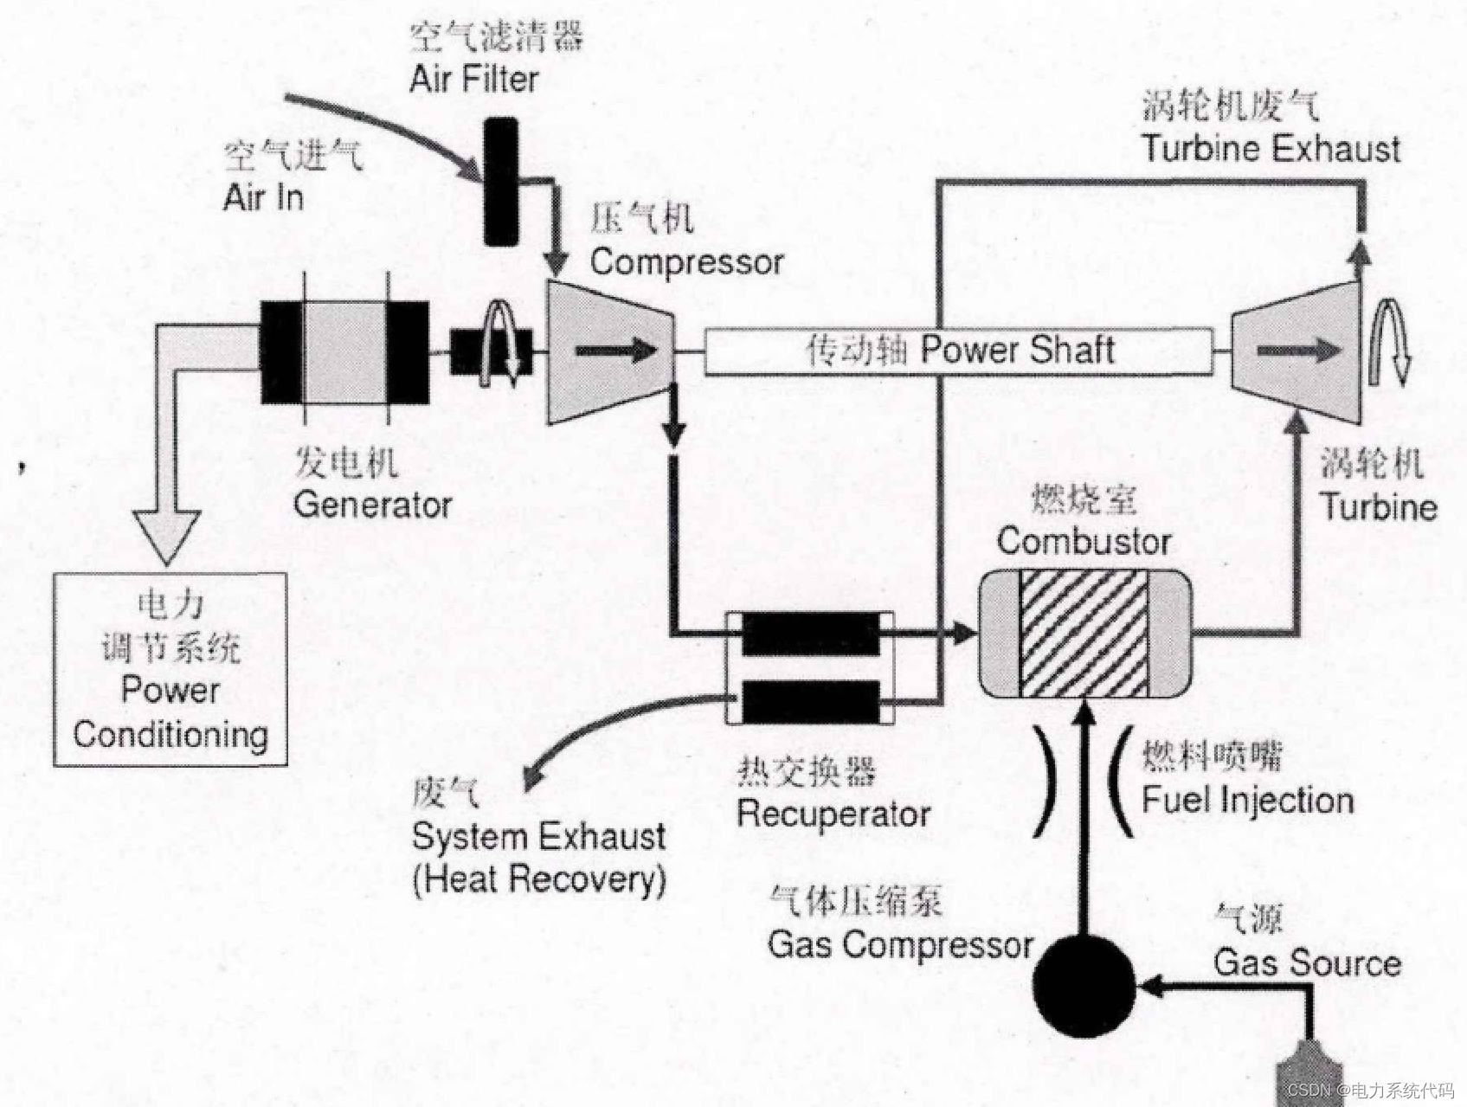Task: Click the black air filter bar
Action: (x=500, y=182)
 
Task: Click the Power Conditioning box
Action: (x=171, y=670)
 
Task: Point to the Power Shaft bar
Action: (x=958, y=351)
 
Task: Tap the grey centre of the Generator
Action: (x=344, y=351)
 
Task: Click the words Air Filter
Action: (x=473, y=79)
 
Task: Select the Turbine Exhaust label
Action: (x=1271, y=148)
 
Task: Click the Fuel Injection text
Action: (x=1247, y=800)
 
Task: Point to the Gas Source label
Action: (x=1307, y=962)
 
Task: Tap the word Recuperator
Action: (x=833, y=814)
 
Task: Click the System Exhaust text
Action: (x=538, y=837)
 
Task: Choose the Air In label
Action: (x=263, y=197)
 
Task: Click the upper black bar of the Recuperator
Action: (x=810, y=634)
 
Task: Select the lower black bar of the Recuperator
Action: (x=810, y=701)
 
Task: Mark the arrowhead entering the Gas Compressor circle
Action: (x=1151, y=985)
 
